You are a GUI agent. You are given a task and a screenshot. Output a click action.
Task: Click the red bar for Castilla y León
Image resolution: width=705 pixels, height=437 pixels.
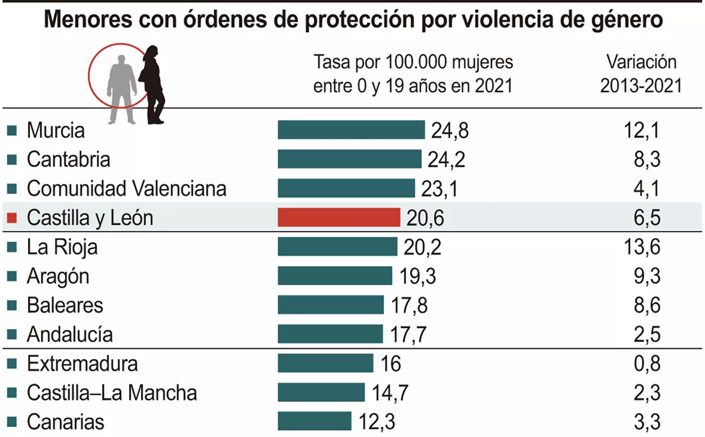339,218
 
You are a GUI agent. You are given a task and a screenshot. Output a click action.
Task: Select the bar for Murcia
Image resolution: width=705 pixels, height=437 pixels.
351,130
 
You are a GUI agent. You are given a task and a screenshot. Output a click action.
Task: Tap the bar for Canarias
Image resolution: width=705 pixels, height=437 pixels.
314,421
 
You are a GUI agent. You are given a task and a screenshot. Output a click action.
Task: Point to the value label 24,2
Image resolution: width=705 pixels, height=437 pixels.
446,159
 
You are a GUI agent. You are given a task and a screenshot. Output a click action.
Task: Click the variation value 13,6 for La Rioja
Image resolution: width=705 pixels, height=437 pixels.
641,247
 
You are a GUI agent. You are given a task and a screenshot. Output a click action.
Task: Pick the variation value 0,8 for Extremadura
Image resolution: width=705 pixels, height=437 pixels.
646,363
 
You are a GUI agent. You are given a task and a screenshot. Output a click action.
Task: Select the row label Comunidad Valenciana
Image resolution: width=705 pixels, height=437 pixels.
126,189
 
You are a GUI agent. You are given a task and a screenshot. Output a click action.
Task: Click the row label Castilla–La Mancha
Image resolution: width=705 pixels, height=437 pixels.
111,392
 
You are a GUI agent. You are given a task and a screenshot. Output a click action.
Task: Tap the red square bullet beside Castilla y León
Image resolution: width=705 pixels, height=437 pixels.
13,218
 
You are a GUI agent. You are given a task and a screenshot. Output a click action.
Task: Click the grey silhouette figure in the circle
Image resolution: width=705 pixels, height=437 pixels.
122,88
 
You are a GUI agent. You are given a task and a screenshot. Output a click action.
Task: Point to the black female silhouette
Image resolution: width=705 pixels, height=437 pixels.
153,84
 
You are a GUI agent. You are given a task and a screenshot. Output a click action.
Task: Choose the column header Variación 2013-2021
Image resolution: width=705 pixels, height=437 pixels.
641,75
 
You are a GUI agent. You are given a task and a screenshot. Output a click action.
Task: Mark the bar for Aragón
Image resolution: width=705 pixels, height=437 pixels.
335,276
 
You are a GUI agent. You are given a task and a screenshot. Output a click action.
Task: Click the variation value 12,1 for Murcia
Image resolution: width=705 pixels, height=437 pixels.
641,131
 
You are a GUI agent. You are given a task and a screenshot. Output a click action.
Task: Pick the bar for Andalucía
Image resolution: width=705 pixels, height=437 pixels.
330,334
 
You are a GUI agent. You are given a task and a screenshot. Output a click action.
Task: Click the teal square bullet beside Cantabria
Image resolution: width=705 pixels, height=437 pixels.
13,160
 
